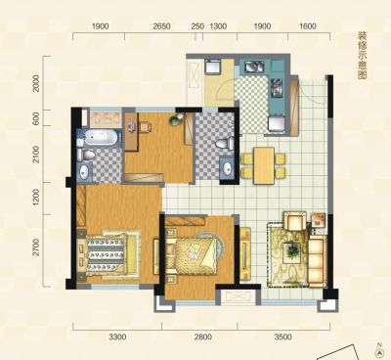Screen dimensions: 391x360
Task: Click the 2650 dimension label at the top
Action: tap(161, 26)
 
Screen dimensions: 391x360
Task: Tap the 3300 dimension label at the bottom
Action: tap(117, 337)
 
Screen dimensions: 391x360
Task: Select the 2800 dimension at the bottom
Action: tap(202, 337)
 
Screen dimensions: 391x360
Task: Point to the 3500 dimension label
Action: tap(282, 337)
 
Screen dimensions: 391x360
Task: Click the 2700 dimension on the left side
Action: tap(36, 247)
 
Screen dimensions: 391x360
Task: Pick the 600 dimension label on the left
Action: tap(36, 118)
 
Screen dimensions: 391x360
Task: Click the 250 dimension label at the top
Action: tap(197, 26)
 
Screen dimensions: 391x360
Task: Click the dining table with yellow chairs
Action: tap(264, 165)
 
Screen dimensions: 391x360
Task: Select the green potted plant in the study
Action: tap(175, 120)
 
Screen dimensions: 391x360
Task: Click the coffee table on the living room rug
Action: tap(292, 251)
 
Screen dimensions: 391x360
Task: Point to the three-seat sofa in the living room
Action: tap(318, 261)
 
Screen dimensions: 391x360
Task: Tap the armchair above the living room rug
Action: tap(295, 221)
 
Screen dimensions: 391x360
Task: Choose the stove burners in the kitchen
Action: tap(254, 67)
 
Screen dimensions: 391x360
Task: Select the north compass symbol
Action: tap(379, 351)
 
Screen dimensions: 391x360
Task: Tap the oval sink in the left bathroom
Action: tap(84, 171)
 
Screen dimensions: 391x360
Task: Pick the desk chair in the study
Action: tap(146, 127)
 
